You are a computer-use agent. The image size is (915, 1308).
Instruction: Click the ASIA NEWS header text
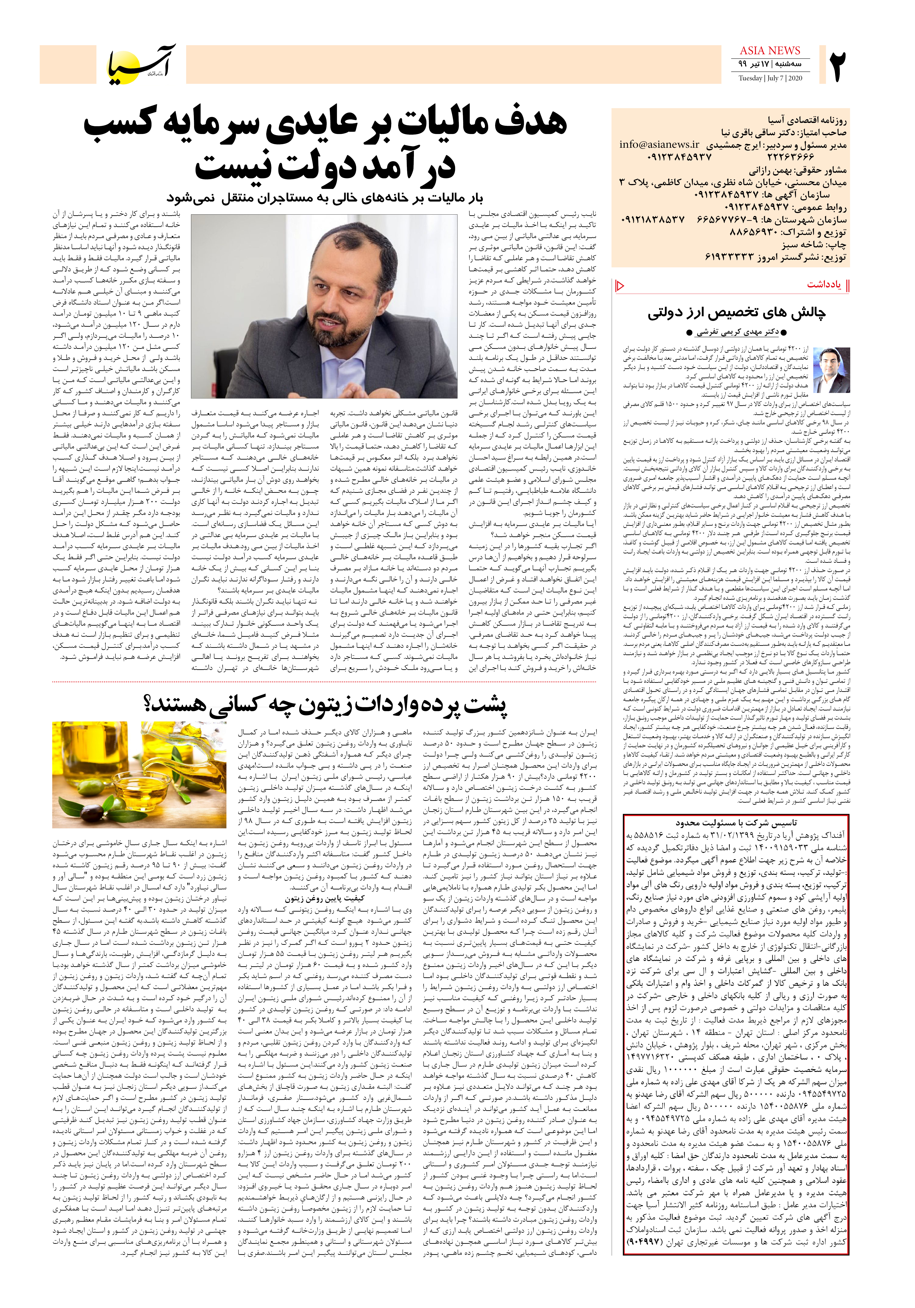pyautogui.click(x=770, y=51)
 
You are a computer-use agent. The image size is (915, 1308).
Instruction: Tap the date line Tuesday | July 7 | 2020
pyautogui.click(x=770, y=78)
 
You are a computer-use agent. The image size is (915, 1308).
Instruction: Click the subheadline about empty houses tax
pyautogui.click(x=324, y=198)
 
